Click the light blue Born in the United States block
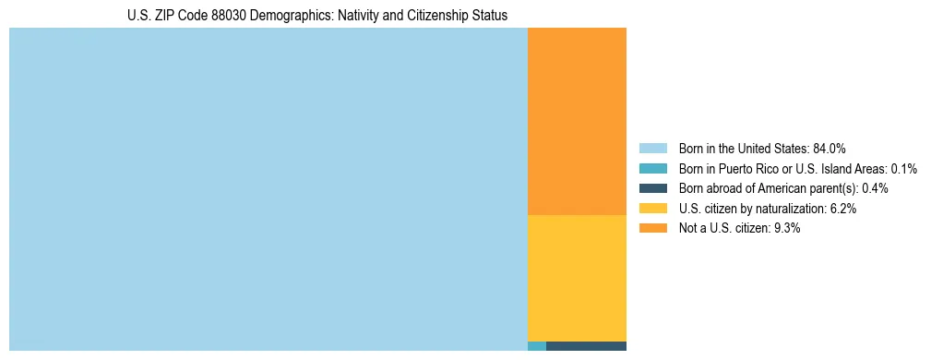[268, 189]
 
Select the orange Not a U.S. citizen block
[577, 121]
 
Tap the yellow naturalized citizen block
[577, 278]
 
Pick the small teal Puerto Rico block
[536, 346]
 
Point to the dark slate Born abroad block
[586, 346]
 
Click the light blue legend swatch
[652, 148]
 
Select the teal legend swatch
[652, 168]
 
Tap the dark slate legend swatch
[652, 188]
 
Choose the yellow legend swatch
[652, 209]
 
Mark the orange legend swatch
[652, 229]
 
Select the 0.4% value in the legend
[876, 188]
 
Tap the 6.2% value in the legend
[843, 209]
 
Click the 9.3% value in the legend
[786, 229]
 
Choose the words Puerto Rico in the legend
[750, 168]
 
